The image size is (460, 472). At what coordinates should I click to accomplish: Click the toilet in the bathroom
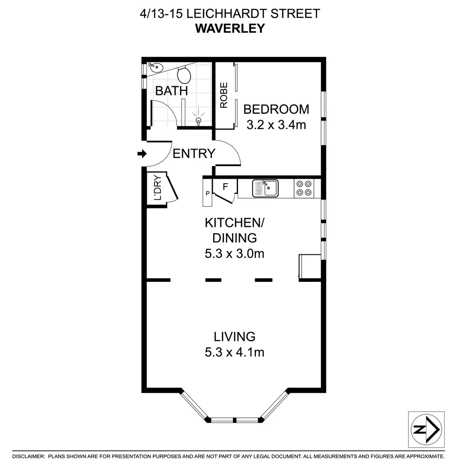pos(186,75)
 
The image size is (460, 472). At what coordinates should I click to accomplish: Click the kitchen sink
pos(265,188)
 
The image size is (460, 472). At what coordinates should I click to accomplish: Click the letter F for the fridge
pos(226,187)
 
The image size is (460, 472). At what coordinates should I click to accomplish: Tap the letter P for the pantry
pos(208,193)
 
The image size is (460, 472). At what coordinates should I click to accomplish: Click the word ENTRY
pos(194,154)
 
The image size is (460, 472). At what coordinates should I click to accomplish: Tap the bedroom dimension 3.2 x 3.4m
pos(276,125)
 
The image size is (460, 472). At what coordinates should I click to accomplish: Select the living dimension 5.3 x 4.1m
pos(234,352)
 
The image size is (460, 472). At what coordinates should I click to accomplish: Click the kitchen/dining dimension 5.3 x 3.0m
pos(234,253)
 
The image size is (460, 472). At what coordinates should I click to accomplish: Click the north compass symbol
pos(426,429)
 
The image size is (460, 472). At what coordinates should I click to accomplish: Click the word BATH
pos(172,91)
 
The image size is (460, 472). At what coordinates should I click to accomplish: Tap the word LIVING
pos(234,337)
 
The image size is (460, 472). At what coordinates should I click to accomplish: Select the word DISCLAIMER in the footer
pos(28,457)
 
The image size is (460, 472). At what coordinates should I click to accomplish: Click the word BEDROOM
pos(276,109)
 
